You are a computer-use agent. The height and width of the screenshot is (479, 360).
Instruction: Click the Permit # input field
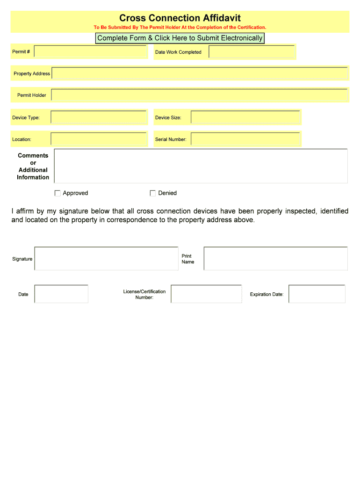(91, 51)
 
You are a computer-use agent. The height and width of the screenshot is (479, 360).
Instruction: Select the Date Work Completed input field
(252, 51)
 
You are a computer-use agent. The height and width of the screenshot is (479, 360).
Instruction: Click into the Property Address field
(200, 73)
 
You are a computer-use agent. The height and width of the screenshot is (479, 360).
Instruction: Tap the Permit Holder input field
(200, 95)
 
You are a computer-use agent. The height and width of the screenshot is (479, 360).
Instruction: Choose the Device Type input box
(99, 117)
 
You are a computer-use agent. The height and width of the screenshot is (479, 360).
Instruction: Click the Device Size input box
(245, 117)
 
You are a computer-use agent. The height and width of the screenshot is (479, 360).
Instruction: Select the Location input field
(99, 139)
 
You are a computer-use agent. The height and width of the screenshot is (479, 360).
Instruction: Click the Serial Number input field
(245, 139)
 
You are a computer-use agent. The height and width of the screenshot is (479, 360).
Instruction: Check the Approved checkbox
(58, 193)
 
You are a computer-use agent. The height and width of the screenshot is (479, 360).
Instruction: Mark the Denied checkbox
(153, 193)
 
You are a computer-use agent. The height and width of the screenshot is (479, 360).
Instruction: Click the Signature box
(106, 259)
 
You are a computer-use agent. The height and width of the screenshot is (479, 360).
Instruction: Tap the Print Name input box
(275, 259)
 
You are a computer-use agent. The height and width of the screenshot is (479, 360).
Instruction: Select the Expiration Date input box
(317, 294)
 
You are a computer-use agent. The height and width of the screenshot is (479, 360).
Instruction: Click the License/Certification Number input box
(206, 294)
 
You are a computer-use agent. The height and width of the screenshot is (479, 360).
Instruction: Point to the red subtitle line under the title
(180, 28)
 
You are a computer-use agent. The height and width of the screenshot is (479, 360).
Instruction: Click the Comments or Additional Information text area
(201, 166)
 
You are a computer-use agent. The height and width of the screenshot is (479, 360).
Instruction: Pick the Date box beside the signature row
(61, 294)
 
